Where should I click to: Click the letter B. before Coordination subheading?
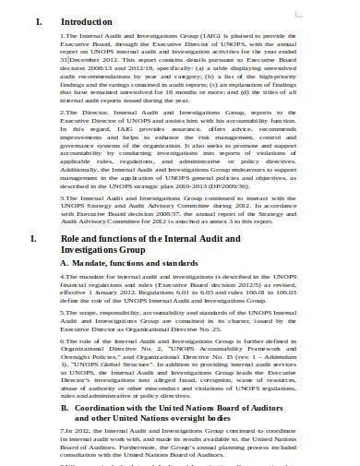click(x=65, y=433)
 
